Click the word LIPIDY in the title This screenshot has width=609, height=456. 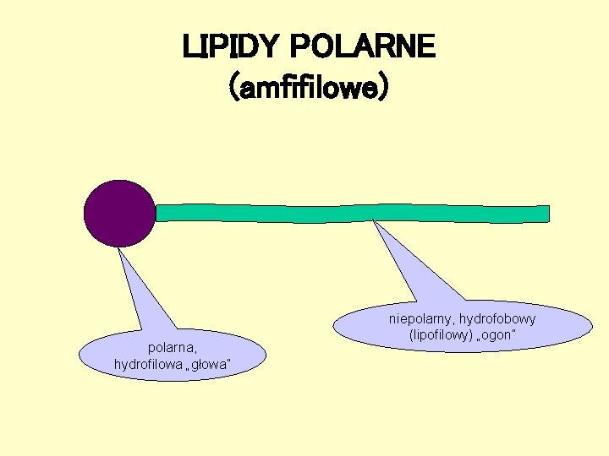[222, 46]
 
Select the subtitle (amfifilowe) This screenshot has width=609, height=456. [310, 86]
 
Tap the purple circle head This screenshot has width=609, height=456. [120, 213]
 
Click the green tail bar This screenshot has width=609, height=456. [352, 213]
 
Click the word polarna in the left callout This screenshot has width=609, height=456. [173, 347]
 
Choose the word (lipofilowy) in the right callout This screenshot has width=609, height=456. [441, 335]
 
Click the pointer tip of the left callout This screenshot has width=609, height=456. [119, 248]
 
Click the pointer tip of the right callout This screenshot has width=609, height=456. [373, 221]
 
